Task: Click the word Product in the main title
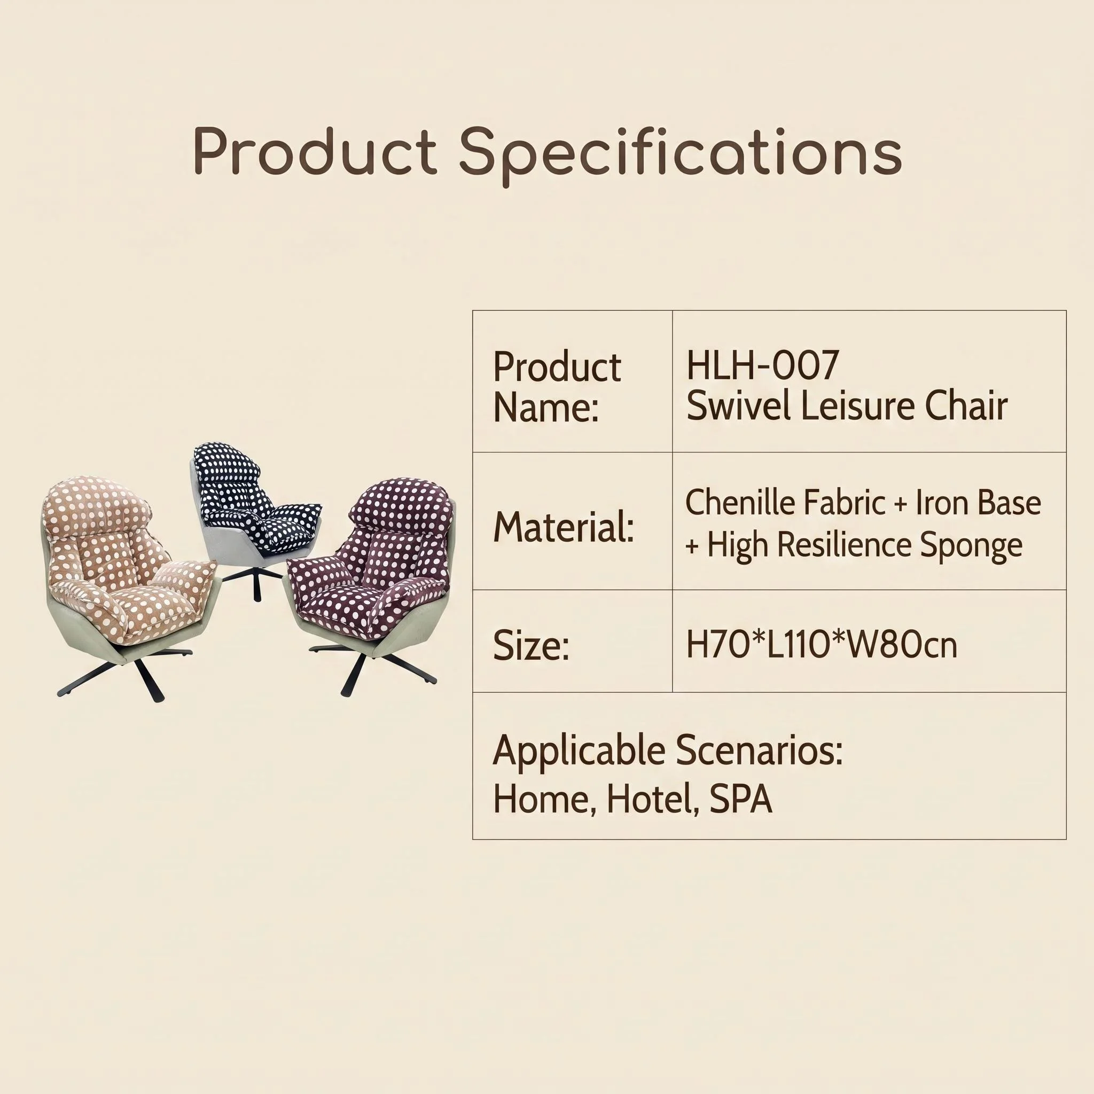315,151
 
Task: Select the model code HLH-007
762,365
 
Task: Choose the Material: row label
564,527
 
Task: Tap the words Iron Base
979,502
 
